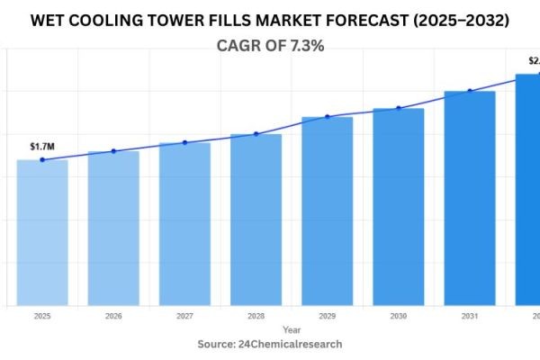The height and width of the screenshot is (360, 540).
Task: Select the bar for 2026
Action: click(113, 229)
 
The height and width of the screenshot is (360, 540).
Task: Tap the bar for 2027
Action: click(184, 224)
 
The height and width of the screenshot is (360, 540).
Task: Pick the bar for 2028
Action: click(256, 220)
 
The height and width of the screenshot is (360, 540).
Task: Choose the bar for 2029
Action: click(327, 211)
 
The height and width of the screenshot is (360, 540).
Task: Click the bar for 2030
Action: click(398, 207)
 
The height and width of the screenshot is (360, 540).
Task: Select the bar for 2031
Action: click(469, 198)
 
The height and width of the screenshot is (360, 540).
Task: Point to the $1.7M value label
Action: click(41, 146)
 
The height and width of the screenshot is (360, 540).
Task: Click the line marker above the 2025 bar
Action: click(42, 160)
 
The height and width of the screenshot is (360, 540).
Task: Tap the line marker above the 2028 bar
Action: click(256, 134)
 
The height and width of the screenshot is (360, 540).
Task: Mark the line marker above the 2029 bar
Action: click(327, 117)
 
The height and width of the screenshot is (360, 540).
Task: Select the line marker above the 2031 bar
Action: click(469, 91)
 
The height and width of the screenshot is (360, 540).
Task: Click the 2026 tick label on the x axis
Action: click(113, 317)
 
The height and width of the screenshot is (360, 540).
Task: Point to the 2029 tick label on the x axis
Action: click(327, 317)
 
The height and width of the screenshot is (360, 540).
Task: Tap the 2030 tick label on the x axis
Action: click(398, 317)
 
